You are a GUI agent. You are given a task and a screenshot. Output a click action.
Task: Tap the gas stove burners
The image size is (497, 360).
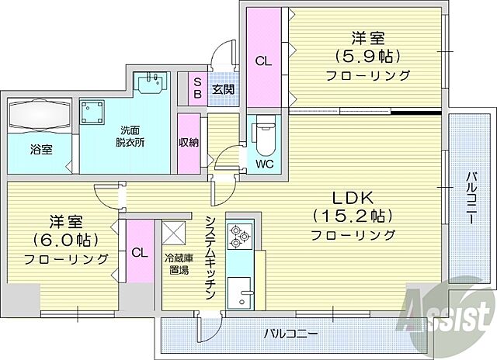coord(235,234)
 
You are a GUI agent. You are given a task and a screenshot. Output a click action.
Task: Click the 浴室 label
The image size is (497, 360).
coord(40,148)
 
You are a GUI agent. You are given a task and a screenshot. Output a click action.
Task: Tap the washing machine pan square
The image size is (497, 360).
coord(98,115)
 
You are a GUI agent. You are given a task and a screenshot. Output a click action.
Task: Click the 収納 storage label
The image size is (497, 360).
coord(188,143)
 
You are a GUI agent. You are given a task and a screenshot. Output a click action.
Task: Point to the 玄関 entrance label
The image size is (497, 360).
coord(224,90)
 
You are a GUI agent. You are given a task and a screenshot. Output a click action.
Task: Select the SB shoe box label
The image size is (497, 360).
coord(197,87)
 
